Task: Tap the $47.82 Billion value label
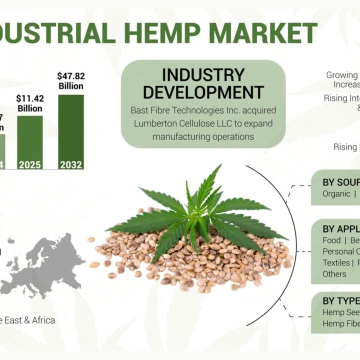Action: click(71, 81)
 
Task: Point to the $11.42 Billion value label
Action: click(30, 103)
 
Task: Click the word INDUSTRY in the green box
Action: click(203, 75)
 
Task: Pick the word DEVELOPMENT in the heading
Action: click(203, 92)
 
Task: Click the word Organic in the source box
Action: click(336, 194)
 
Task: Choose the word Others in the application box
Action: click(334, 274)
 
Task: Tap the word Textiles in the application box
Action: click(336, 262)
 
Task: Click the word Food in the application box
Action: click(332, 240)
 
